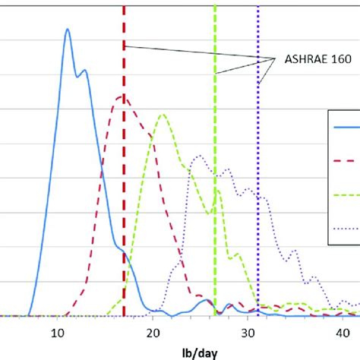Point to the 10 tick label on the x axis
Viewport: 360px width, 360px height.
(56, 331)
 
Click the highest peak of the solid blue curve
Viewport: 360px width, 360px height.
(67, 30)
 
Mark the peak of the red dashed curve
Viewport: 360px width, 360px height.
(122, 96)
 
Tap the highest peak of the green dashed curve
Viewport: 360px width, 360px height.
(162, 115)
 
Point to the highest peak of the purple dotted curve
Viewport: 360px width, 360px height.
(199, 156)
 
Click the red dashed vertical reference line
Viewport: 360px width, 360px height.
(124, 190)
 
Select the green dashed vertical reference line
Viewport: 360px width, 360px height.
(215, 152)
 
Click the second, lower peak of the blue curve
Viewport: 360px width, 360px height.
(84, 71)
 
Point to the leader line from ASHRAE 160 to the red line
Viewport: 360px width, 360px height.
(197, 53)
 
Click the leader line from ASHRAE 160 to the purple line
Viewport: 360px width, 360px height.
(266, 71)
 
